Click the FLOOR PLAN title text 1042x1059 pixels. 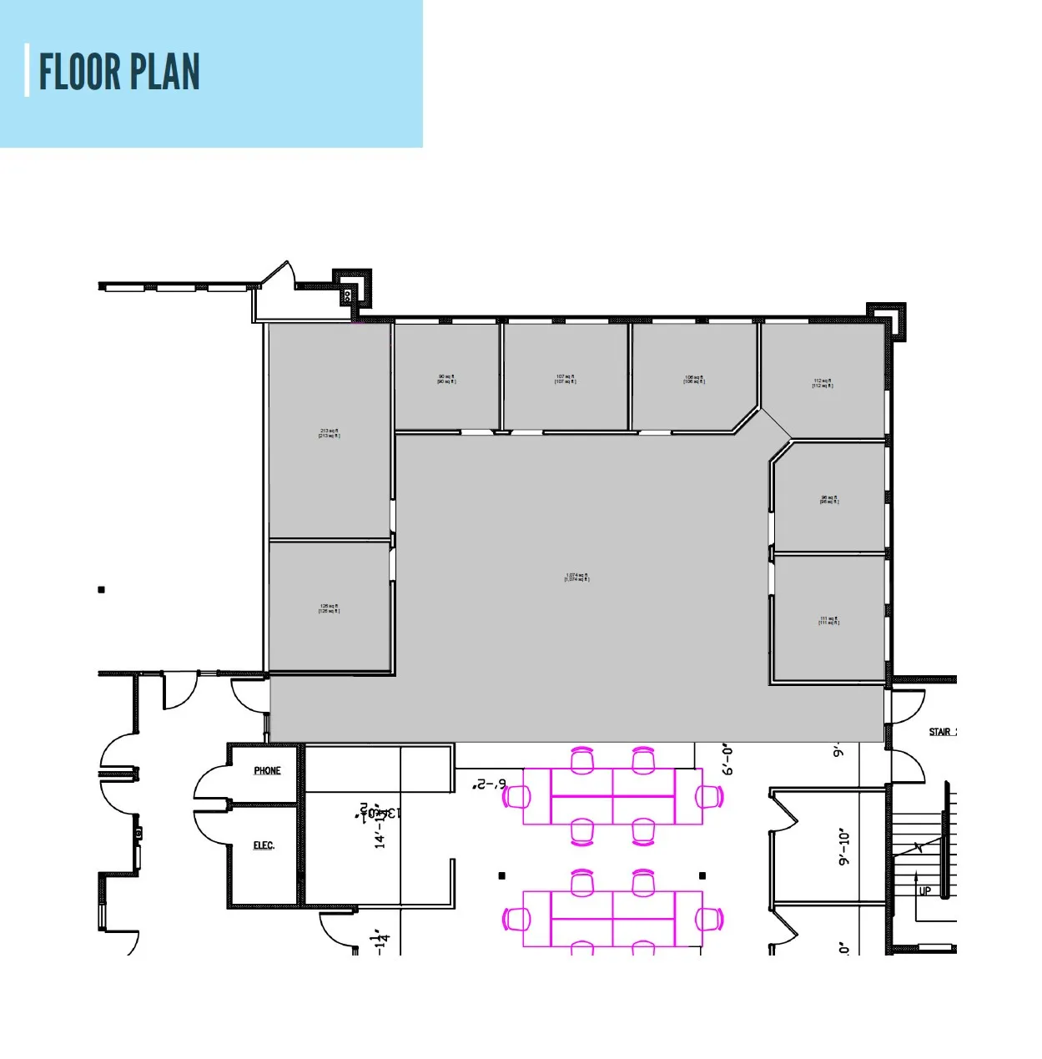coord(119,72)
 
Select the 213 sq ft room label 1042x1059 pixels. coord(329,433)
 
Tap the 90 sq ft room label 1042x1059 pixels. coord(446,379)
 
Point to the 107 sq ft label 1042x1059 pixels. coord(565,379)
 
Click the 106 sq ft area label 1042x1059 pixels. coord(694,379)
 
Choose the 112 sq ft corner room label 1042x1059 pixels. coord(823,383)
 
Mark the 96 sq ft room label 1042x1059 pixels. coord(828,499)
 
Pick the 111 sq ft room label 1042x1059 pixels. coord(828,620)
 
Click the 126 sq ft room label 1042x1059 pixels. coord(329,608)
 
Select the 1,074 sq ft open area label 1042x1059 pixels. coord(576,577)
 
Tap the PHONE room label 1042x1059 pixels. coord(267,770)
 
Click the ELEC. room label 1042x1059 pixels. coord(264,845)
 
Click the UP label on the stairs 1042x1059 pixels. coord(924,890)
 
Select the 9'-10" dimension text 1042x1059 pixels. coord(844,846)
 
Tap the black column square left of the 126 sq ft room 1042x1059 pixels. coord(102,590)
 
